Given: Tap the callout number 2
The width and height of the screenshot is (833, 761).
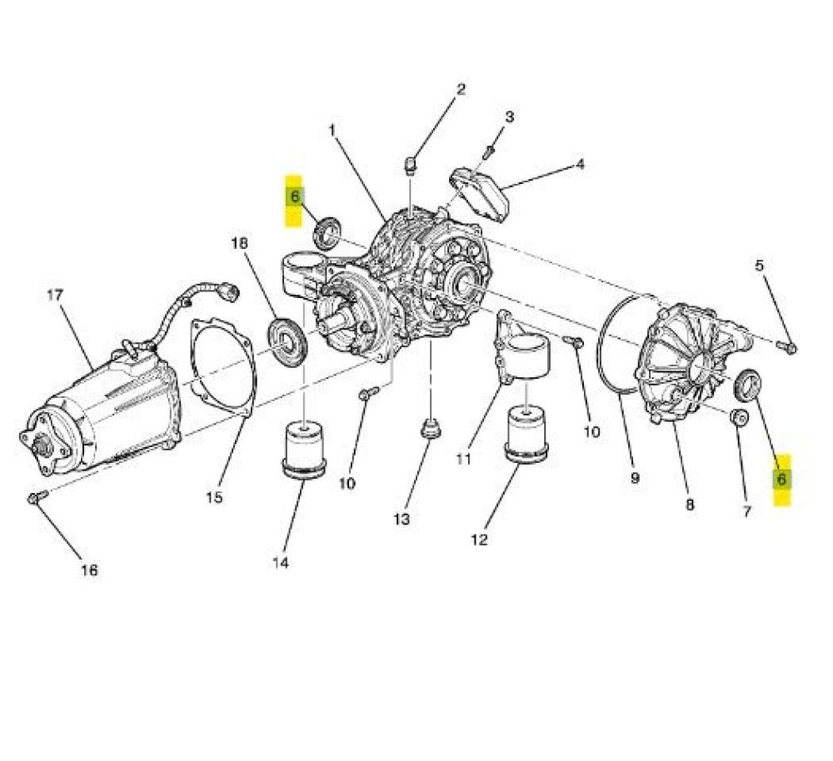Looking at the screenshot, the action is point(461,89).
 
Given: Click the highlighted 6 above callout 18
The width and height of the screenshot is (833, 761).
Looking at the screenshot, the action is point(294,196).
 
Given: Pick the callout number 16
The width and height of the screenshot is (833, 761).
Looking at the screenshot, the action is point(89,570).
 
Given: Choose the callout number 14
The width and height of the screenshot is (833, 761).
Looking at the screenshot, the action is point(281,562).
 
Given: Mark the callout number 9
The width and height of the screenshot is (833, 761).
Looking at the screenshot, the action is point(635,478).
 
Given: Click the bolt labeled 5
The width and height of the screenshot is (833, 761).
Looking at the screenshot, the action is point(786,346).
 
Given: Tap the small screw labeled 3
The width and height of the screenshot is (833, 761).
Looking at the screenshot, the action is point(489,152).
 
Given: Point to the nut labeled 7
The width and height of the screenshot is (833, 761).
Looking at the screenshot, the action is point(738,418).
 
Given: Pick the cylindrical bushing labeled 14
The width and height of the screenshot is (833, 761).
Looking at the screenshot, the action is point(304,449).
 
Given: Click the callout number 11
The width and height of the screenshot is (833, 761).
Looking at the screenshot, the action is point(463,458).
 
